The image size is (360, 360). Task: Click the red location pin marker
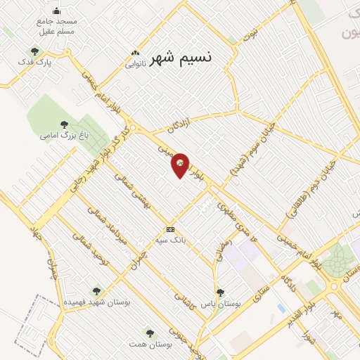(180, 165)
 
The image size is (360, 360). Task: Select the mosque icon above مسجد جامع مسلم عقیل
(57, 11)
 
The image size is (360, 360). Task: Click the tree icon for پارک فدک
(34, 51)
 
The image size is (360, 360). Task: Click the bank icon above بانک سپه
(169, 229)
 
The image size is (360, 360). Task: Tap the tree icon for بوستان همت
(149, 332)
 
